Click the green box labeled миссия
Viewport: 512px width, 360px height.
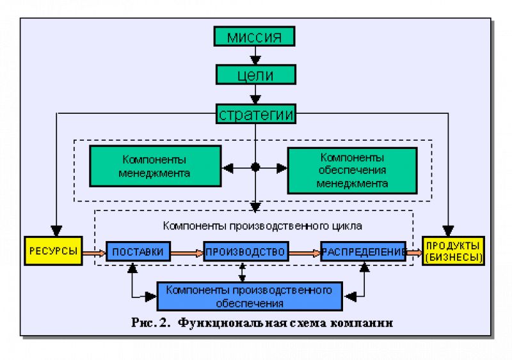pos(254,36)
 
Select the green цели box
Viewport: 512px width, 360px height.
pos(255,75)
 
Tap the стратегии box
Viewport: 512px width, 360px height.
pos(255,114)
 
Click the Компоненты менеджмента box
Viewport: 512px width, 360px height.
pos(156,166)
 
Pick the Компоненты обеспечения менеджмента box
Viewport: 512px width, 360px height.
pos(353,170)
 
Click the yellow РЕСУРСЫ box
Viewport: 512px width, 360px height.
pos(53,251)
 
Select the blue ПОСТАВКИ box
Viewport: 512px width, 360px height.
pos(138,251)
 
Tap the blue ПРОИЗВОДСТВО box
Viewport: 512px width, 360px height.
pos(246,251)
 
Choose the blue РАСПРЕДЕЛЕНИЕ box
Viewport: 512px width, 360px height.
pos(363,251)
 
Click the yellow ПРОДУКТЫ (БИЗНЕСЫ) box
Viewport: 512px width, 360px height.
pos(454,251)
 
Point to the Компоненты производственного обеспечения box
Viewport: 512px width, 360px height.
pos(250,296)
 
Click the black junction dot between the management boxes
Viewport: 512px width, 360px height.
pos(255,168)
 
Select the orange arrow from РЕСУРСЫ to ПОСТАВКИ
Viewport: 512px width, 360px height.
pos(94,253)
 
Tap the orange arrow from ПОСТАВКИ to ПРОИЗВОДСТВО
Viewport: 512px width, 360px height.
pos(187,253)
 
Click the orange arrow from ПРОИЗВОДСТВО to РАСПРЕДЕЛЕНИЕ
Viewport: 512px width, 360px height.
pos(305,253)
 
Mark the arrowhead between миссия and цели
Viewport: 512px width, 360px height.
pos(255,60)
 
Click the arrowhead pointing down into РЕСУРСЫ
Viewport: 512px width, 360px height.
pos(56,231)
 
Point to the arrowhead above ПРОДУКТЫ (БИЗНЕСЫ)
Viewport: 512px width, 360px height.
pos(448,231)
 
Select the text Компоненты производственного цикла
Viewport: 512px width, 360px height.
pos(262,226)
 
